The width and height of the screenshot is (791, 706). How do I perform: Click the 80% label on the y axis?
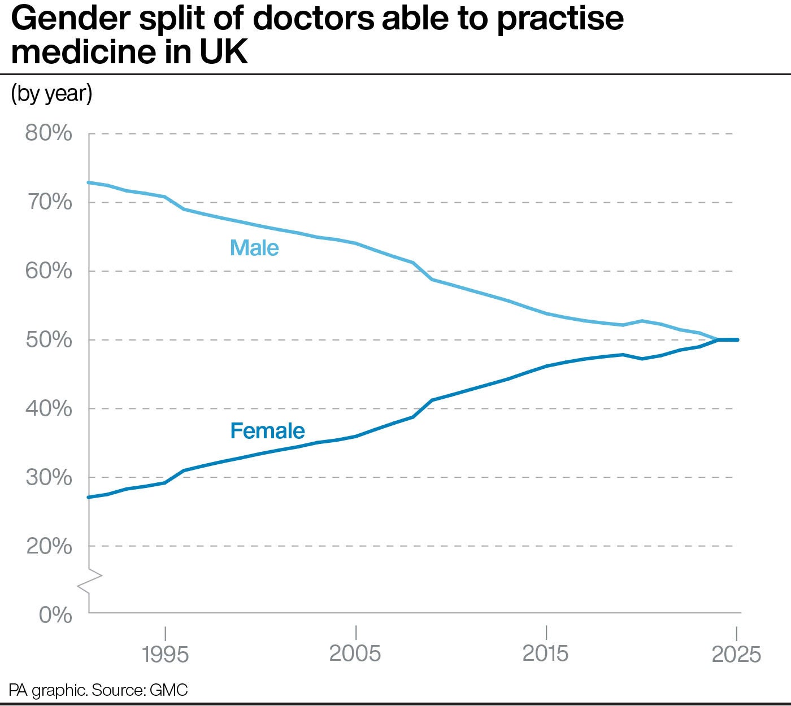(x=49, y=133)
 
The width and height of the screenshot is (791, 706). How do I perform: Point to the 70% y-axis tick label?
(x=49, y=202)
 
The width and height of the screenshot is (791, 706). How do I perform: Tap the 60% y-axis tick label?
(x=49, y=271)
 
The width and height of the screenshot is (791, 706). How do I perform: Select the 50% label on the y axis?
(x=49, y=340)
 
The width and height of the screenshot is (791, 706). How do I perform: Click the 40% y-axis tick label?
(x=49, y=408)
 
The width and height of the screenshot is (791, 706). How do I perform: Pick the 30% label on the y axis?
(x=49, y=477)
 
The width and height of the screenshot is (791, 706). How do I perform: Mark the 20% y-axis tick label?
(x=49, y=546)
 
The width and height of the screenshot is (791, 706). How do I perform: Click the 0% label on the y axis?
(x=55, y=615)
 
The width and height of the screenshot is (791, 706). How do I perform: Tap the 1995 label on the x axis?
(x=165, y=654)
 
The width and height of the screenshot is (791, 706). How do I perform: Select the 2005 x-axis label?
(x=355, y=653)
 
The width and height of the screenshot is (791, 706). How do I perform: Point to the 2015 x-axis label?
(x=546, y=653)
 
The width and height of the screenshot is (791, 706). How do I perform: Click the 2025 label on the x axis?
(x=736, y=654)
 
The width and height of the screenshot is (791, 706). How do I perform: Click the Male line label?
(x=254, y=248)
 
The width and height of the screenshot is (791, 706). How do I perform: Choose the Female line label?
(x=267, y=431)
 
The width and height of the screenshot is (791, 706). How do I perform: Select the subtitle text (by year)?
(x=51, y=94)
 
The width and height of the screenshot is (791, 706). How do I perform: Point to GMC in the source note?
(x=169, y=690)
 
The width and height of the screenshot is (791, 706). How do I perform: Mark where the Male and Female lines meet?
(x=718, y=339)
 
